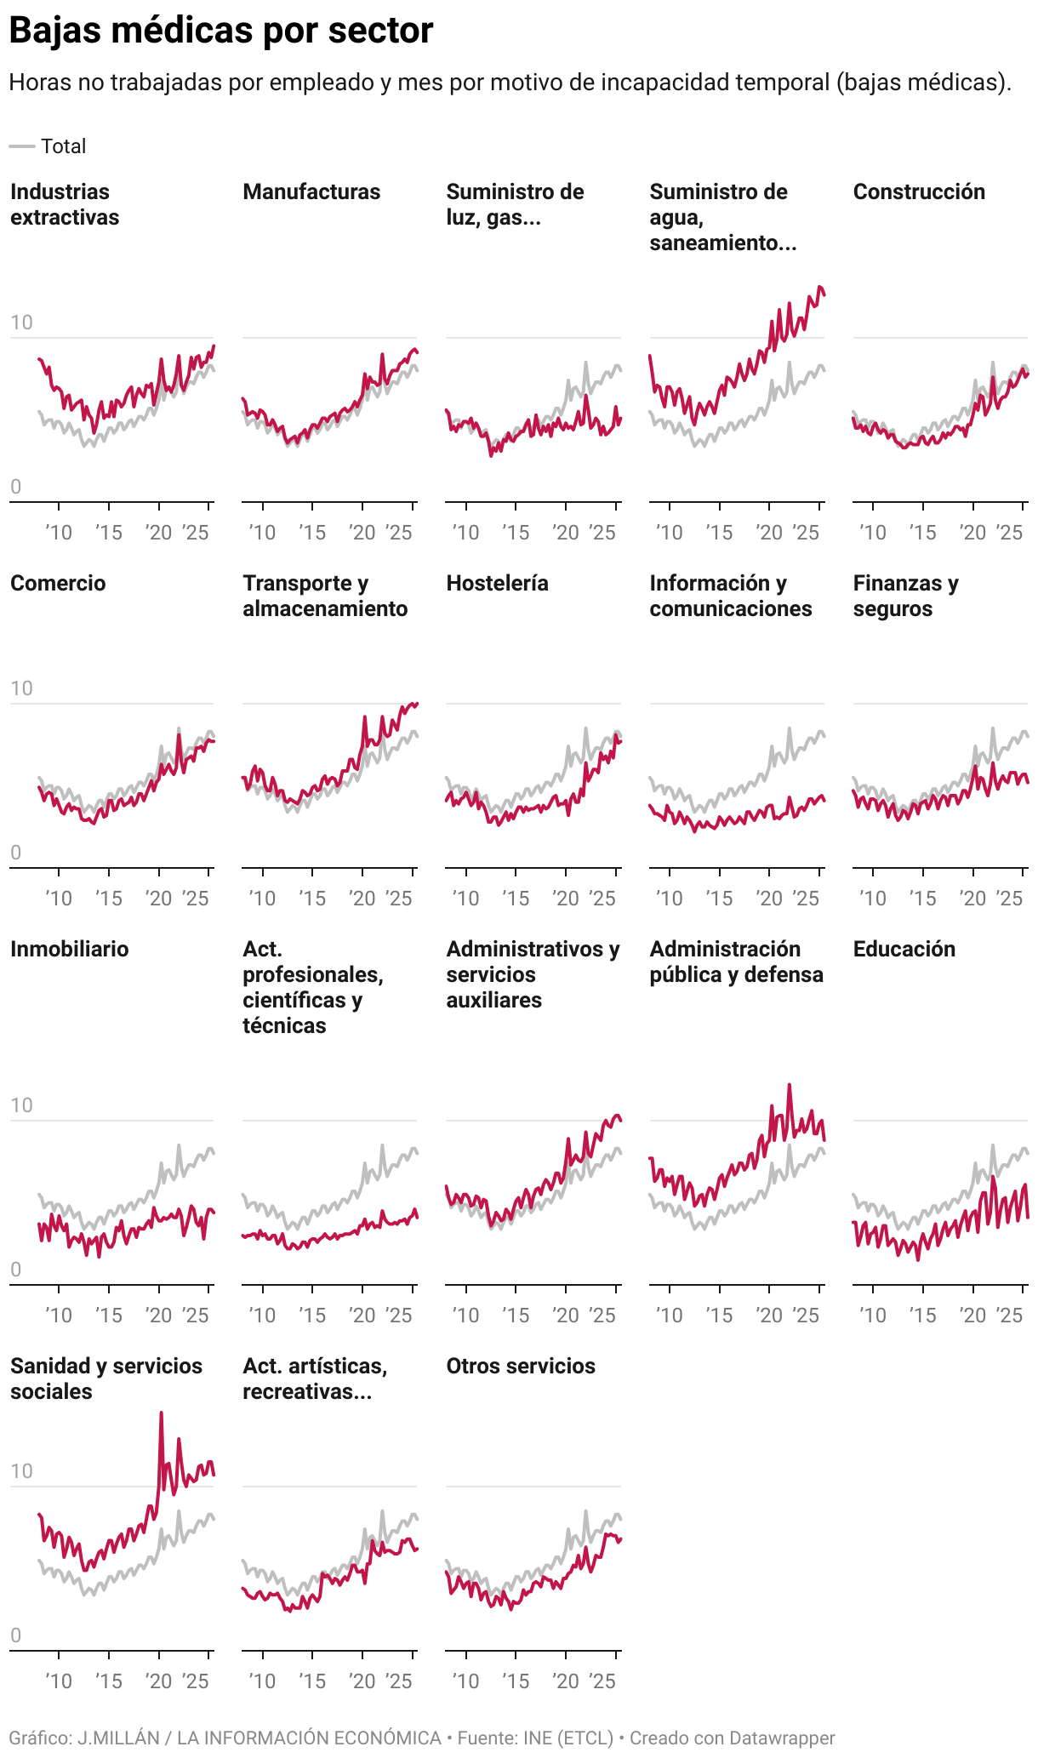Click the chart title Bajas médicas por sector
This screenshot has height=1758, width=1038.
[x=221, y=31]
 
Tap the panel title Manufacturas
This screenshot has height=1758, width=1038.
[x=311, y=191]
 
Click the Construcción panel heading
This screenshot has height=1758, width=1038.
[x=919, y=191]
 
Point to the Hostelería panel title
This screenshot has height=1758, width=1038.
[x=497, y=583]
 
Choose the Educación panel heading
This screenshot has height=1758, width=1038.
[x=904, y=949]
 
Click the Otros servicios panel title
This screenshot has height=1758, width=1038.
[x=521, y=1366]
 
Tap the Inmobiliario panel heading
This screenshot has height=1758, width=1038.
[x=69, y=949]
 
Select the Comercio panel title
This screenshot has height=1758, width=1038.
[x=58, y=583]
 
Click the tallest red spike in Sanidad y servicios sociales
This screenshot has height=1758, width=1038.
[x=162, y=1413]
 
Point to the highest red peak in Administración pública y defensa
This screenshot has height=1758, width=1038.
[x=790, y=1085]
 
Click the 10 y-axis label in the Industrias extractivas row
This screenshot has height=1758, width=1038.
[x=21, y=322]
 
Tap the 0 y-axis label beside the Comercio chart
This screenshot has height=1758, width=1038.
[x=15, y=853]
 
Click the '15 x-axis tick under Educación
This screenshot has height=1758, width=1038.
[x=922, y=1316]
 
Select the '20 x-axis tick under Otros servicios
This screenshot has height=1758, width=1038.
[x=566, y=1681]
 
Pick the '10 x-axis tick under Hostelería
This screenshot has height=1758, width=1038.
[x=465, y=899]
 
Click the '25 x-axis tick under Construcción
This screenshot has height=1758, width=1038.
[x=1009, y=533]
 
